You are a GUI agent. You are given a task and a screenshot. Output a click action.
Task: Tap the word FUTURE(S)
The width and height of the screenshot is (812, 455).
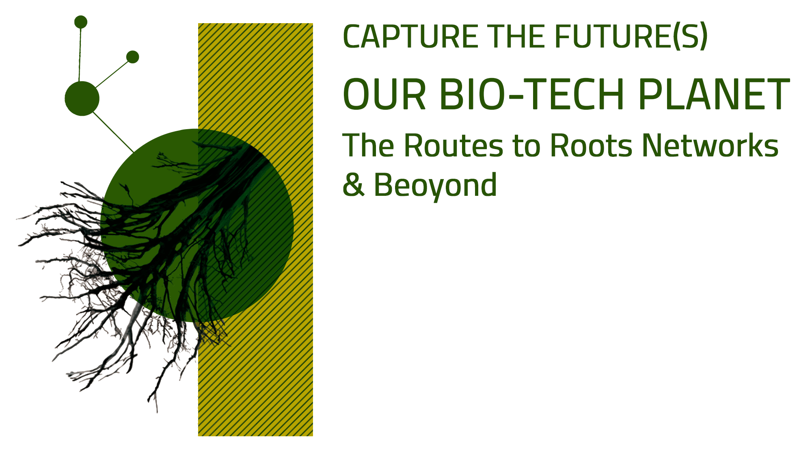pos(631,37)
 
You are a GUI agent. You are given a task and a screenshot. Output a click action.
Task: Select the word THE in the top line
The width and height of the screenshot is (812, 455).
pos(516,37)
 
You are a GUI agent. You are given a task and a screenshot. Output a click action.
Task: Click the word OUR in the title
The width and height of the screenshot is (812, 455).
pos(384,94)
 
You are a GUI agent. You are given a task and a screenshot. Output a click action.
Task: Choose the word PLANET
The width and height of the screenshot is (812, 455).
pos(714,94)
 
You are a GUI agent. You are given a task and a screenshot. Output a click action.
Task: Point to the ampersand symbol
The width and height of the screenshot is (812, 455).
pos(353,184)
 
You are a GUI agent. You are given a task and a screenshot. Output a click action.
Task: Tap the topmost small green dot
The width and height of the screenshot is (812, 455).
pos(81,22)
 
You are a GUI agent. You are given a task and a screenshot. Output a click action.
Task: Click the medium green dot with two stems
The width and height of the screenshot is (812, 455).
pos(82,98)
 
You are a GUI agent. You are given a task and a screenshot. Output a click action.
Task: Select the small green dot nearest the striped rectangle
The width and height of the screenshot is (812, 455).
pos(133,57)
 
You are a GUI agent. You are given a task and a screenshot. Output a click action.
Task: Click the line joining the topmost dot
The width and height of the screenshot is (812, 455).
pos(80,55)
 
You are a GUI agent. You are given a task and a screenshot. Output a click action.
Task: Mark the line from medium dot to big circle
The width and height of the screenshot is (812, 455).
pos(113,132)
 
